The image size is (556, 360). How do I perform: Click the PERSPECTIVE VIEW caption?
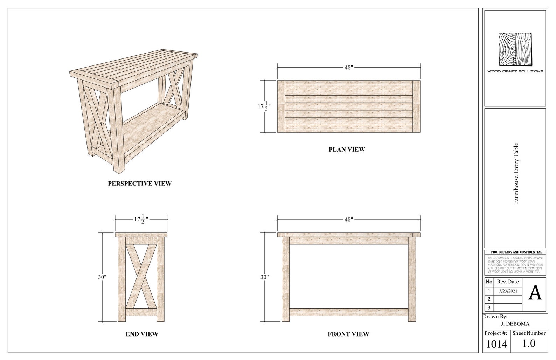pyautogui.click(x=139, y=183)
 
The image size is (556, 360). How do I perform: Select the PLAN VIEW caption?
pyautogui.click(x=347, y=150)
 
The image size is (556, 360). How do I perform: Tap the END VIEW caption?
pyautogui.click(x=142, y=334)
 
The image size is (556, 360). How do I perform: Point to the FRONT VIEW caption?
pyautogui.click(x=348, y=334)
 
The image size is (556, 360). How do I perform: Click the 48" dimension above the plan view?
pyautogui.click(x=348, y=68)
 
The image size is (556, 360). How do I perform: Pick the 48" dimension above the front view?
pyautogui.click(x=348, y=220)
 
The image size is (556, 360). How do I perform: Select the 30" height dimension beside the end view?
pyautogui.click(x=102, y=277)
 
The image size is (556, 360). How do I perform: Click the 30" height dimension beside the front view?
pyautogui.click(x=265, y=277)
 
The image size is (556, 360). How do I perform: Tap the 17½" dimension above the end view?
pyautogui.click(x=141, y=220)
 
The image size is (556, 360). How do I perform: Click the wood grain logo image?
pyautogui.click(x=515, y=49)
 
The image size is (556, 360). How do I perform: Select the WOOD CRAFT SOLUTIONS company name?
pyautogui.click(x=515, y=71)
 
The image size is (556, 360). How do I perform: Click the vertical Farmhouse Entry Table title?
pyautogui.click(x=516, y=173)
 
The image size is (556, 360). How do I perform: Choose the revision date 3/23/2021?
pyautogui.click(x=508, y=291)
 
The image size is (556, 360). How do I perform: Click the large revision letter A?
pyautogui.click(x=535, y=293)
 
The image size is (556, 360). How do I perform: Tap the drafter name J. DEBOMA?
pyautogui.click(x=515, y=324)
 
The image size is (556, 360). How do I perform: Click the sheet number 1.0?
pyautogui.click(x=529, y=344)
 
